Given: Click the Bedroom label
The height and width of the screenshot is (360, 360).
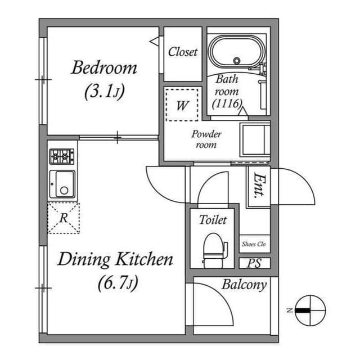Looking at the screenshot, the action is tap(104, 67).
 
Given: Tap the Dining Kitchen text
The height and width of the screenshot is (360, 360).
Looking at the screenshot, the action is tap(115, 259).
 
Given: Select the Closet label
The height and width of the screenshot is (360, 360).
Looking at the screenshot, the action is tap(183, 52).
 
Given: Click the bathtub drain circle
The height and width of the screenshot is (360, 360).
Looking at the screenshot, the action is tap(237, 61).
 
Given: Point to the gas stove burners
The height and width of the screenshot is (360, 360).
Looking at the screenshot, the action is tap(62, 156).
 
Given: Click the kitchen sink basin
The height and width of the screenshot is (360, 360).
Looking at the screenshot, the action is tap(62, 184).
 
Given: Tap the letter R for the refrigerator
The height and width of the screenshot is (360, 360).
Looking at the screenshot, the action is tap(64, 218).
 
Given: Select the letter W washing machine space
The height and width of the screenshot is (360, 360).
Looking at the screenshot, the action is tap(182, 106).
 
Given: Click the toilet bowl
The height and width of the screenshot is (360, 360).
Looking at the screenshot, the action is tap(214, 251).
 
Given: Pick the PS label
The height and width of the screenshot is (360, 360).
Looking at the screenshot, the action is tap(254, 263).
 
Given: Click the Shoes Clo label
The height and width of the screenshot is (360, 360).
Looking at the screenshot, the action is tap(254, 244).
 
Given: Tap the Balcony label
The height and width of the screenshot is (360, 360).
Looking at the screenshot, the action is tap(244, 285).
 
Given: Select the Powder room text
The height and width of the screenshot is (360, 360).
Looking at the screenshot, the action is tap(206, 139).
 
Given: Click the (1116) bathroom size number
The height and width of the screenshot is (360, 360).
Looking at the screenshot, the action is tap(227, 103).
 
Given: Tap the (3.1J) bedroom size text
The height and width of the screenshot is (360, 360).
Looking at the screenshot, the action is tap(105, 91).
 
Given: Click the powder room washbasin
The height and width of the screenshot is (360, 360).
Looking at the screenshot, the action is tap(255, 140).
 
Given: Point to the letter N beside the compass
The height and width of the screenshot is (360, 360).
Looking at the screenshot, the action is tap(290, 310).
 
